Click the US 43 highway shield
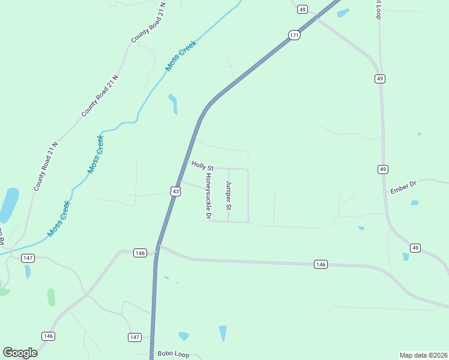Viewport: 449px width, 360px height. pos(174,191)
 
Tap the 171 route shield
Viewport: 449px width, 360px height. pos(294,35)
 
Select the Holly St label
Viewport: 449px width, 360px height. pos(202,164)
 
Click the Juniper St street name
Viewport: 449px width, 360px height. pos(228,196)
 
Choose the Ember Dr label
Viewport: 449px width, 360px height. pos(403,188)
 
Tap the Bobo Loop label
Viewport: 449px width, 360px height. pos(173,354)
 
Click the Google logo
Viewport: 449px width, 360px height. pos(20,353)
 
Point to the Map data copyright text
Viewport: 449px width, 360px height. pos(423,355)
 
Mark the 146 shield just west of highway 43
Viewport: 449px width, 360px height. pos(140,253)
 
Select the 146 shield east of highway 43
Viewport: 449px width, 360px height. pos(321,264)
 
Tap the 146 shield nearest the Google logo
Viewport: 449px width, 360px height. pos(48,335)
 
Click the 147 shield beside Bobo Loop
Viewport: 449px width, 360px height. pos(135,337)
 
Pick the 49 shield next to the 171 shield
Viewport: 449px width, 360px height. pos(303,10)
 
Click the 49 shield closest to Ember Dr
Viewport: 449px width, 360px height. pos(383,170)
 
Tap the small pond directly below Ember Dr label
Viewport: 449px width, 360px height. pos(415,203)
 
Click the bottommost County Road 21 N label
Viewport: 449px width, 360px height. pos(46,167)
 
